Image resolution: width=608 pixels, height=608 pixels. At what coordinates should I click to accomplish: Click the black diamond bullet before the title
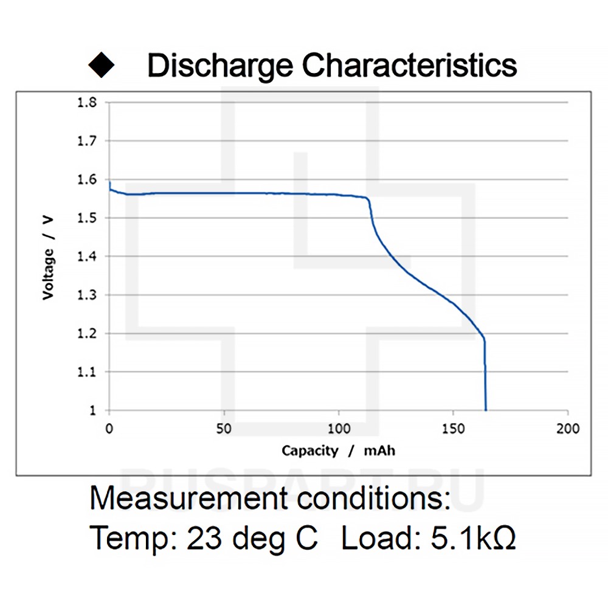click(102, 65)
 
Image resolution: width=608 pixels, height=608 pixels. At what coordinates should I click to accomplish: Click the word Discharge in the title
click(219, 66)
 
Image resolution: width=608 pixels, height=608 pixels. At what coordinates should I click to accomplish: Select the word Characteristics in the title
click(410, 65)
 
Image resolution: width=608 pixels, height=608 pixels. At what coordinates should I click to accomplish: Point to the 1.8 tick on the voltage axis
click(87, 102)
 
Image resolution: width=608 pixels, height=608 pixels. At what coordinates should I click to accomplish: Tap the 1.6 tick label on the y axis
click(87, 179)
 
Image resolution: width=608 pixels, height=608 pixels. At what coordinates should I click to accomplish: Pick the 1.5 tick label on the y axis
click(87, 218)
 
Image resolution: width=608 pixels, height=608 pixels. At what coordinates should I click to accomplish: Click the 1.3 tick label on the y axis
click(87, 295)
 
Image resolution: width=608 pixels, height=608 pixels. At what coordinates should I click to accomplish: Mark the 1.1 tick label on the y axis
click(87, 371)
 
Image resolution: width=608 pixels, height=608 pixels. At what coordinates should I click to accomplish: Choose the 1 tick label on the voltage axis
click(92, 410)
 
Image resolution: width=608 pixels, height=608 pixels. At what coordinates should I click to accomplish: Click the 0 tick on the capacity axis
click(109, 429)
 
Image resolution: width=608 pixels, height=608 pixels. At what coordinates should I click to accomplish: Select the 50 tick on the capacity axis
click(224, 429)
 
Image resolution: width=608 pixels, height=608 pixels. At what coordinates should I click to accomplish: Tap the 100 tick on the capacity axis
click(339, 429)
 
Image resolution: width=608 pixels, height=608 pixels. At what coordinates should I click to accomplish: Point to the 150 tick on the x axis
click(454, 429)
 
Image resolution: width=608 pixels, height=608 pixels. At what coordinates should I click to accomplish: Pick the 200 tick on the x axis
click(568, 429)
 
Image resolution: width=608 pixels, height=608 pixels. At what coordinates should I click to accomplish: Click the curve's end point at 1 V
click(486, 410)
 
